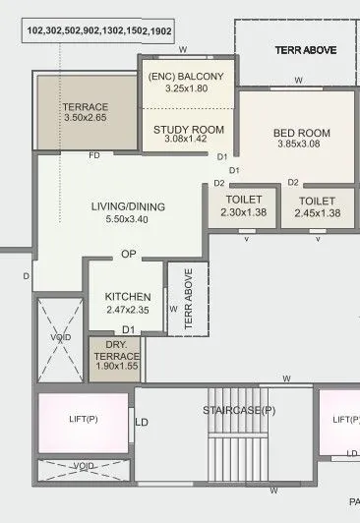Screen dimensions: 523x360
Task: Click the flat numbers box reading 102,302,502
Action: (x=99, y=31)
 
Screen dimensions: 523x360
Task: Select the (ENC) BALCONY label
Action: (x=187, y=77)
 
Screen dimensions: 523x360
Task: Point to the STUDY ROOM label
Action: (x=189, y=130)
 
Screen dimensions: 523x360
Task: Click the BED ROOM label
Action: (x=301, y=134)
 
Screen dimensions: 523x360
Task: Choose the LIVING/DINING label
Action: (x=128, y=206)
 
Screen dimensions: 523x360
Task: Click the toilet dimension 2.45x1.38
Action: (x=317, y=213)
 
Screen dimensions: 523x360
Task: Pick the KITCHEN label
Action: (x=128, y=296)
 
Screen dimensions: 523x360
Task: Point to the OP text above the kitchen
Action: (x=128, y=254)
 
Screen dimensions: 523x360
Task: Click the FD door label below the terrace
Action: (x=94, y=155)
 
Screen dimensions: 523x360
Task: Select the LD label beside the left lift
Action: (x=142, y=423)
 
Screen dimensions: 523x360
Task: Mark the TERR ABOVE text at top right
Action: (x=306, y=48)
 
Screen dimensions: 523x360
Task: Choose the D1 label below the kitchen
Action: (x=128, y=329)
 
